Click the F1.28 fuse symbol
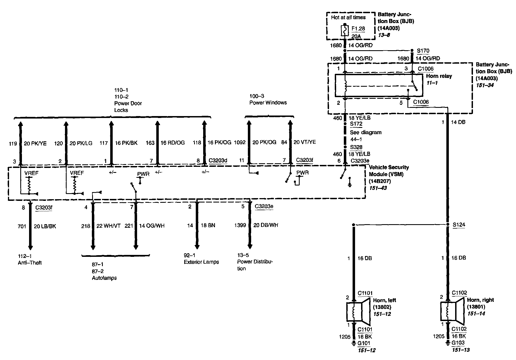pyautogui.click(x=345, y=31)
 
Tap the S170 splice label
pyautogui.click(x=423, y=51)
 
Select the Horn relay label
pyautogui.click(x=439, y=76)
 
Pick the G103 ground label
pyautogui.click(x=458, y=343)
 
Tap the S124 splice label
pyautogui.click(x=459, y=225)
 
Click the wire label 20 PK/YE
pyautogui.click(x=35, y=143)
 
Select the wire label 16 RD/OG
pyautogui.click(x=173, y=143)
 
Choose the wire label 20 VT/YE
pyautogui.click(x=305, y=142)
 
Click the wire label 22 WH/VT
pyautogui.click(x=109, y=226)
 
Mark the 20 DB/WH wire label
pyautogui.click(x=266, y=225)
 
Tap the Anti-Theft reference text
pyautogui.click(x=30, y=263)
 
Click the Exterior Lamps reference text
pyautogui.click(x=201, y=262)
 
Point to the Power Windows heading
pyautogui.click(x=268, y=103)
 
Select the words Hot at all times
pyautogui.click(x=348, y=18)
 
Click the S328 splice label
pyautogui.click(x=356, y=147)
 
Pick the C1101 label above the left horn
pyautogui.click(x=365, y=293)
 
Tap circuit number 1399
pyautogui.click(x=240, y=225)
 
